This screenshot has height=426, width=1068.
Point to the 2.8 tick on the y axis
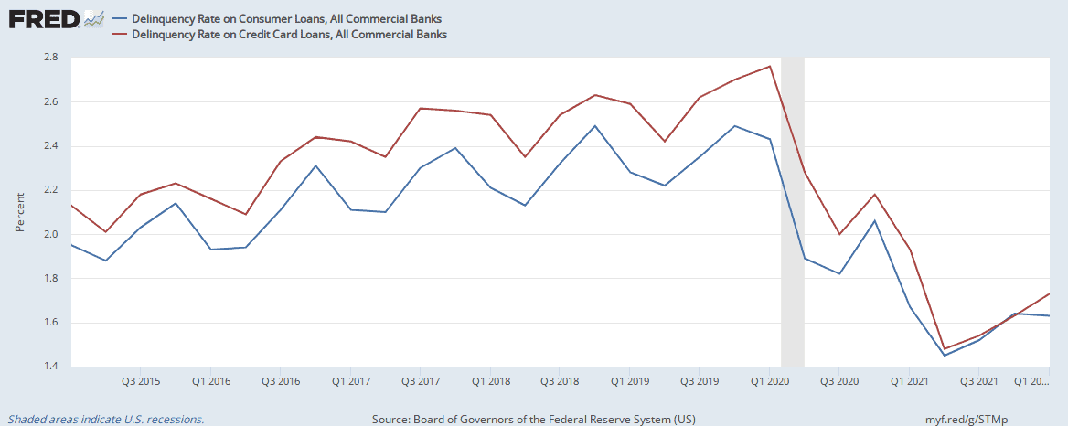coord(51,58)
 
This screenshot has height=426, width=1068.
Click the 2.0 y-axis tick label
coord(51,235)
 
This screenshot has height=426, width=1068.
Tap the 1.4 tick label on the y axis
coord(51,367)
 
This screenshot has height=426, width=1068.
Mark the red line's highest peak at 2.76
coord(770,66)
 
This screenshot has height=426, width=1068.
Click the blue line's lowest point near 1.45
coord(945,356)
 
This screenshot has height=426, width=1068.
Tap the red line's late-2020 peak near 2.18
coord(875,194)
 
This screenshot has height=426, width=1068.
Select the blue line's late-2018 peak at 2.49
coord(595,126)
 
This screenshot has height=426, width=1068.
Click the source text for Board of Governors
coord(534,419)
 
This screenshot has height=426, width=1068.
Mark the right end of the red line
coord(1049,293)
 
